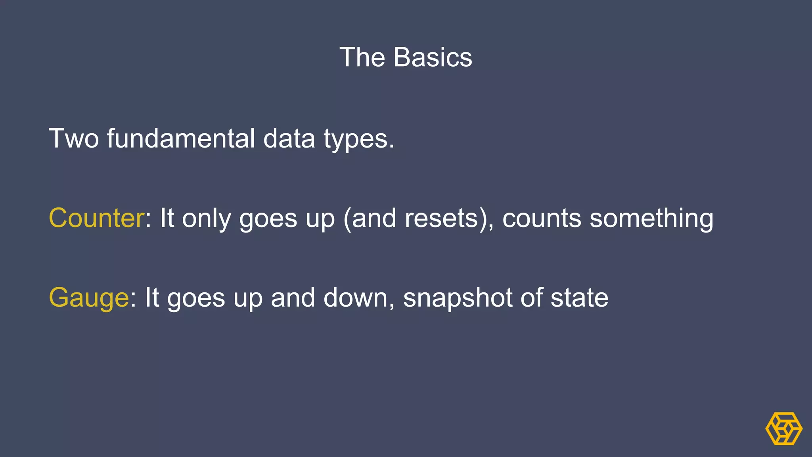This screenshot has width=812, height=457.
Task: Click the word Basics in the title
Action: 433,58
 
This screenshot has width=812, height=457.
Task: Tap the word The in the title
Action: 362,58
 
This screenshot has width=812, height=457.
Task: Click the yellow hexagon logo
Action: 783,428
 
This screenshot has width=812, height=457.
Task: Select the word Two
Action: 73,138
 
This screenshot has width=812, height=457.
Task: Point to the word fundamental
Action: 181,138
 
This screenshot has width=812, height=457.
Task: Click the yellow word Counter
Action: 96,218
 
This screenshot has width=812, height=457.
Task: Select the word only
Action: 206,219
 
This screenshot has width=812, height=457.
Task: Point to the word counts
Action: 542,219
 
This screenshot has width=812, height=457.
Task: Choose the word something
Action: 651,219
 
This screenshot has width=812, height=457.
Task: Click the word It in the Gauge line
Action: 152,298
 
